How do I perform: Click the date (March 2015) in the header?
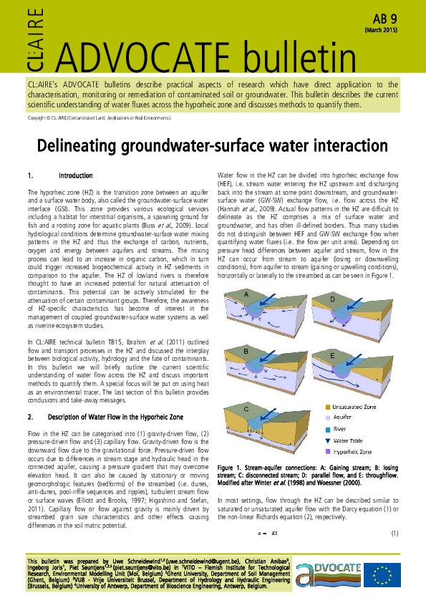tap(382, 31)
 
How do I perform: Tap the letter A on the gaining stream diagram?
tap(246, 295)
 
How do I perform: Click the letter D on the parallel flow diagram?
tap(334, 298)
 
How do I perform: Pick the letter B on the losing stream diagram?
tap(246, 352)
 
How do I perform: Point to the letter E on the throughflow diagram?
tap(333, 356)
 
